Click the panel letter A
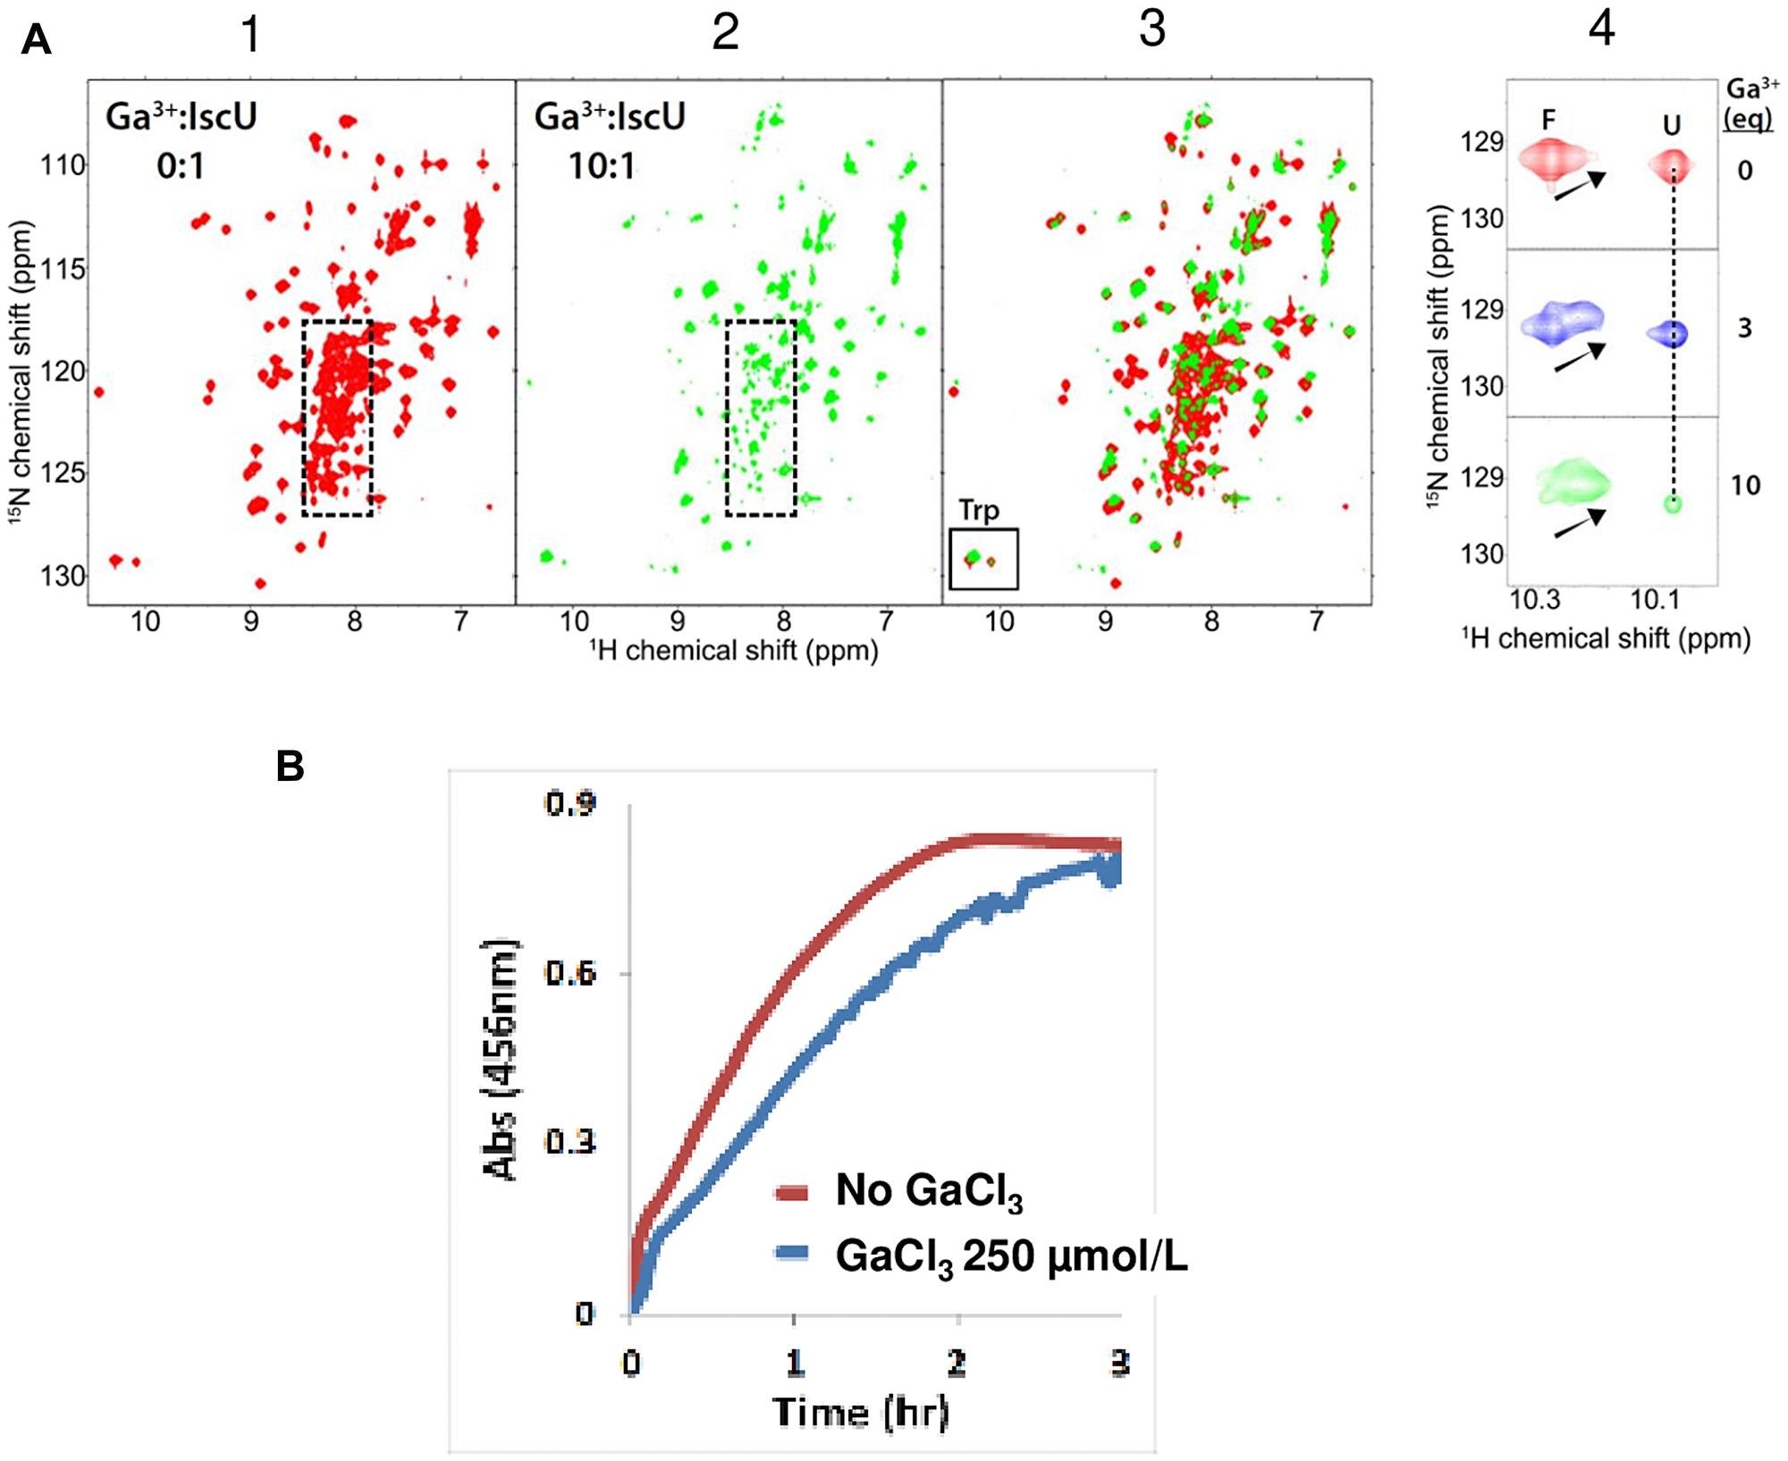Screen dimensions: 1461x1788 point(36,40)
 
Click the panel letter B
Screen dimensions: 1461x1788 point(291,767)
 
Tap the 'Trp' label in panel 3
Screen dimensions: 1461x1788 point(979,510)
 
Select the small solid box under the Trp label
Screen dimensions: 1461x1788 point(983,559)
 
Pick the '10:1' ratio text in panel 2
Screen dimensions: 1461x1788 point(602,166)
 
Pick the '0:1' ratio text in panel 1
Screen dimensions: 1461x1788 point(181,166)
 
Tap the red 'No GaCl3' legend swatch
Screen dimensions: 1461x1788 point(792,1192)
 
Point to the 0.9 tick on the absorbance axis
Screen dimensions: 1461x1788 point(570,803)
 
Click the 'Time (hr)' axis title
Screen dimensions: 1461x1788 point(860,1412)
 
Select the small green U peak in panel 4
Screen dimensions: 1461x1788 point(1673,504)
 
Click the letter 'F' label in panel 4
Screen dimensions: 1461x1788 point(1548,119)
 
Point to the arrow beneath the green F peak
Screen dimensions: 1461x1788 point(1579,525)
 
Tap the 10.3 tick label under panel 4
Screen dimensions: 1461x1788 point(1535,600)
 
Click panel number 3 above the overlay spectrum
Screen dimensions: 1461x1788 point(1152,29)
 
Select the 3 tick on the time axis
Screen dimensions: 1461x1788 point(1119,1363)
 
